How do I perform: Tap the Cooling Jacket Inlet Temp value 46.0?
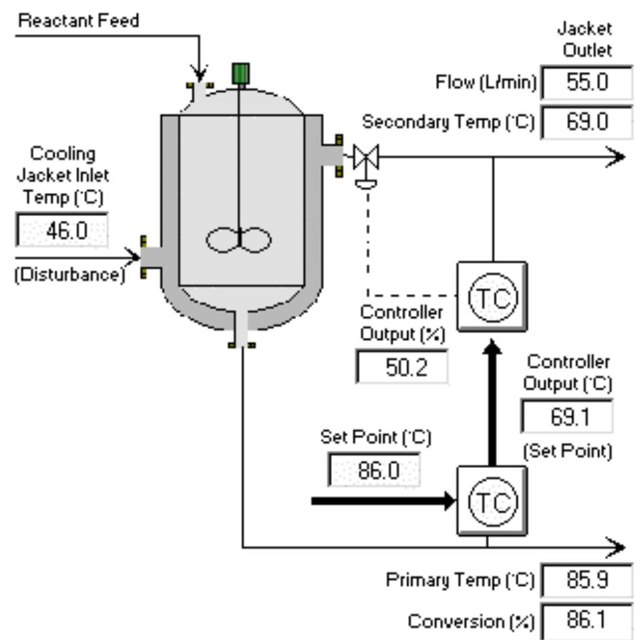(x=62, y=230)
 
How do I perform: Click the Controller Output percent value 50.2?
(x=401, y=368)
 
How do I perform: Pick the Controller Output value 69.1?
(x=567, y=415)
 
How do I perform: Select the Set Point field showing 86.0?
(x=374, y=470)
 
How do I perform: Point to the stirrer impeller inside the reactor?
(x=239, y=238)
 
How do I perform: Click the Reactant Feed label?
(x=79, y=20)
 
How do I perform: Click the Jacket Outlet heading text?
(x=585, y=39)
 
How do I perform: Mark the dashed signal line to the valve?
(x=367, y=245)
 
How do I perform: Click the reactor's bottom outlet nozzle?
(x=241, y=330)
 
